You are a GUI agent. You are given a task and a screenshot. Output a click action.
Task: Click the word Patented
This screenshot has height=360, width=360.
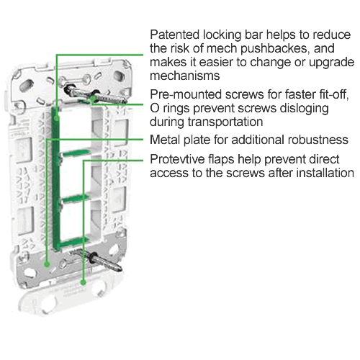[175, 35]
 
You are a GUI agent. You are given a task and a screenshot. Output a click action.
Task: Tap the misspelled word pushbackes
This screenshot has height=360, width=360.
[274, 49]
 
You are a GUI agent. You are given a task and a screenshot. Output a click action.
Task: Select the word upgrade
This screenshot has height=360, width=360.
[331, 63]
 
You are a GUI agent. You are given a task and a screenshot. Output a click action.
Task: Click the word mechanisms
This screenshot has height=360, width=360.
[185, 76]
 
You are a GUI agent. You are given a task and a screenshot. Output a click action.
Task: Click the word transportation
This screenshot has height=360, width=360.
[225, 122]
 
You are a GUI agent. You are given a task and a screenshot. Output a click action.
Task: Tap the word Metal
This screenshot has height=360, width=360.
[165, 140]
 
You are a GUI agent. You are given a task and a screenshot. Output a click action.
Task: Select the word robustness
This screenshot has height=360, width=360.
[318, 140]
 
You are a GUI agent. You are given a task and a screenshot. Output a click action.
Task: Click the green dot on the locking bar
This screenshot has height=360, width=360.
[57, 118]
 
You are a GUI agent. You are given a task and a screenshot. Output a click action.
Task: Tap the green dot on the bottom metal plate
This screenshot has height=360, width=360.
[47, 264]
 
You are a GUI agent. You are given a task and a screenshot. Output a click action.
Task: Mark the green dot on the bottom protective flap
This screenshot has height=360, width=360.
[83, 282]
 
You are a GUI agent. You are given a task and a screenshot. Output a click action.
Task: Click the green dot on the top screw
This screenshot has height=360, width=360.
[93, 99]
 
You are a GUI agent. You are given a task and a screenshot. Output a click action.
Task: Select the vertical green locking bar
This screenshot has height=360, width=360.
[55, 179]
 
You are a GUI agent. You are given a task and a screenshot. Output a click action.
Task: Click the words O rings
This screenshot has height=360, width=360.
[170, 109]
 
